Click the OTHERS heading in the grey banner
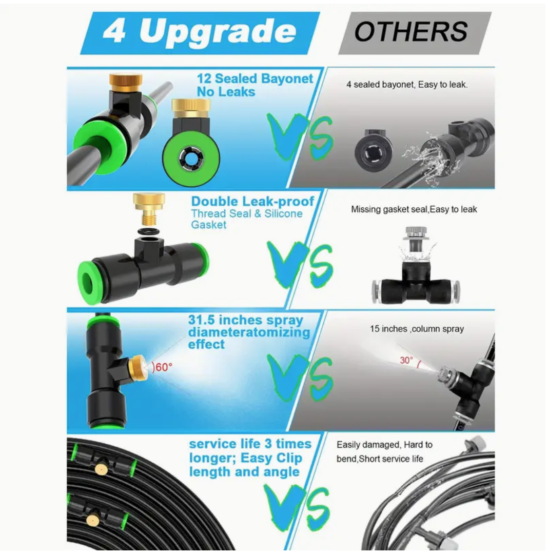coord(411,31)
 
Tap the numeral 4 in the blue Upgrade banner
coord(114,31)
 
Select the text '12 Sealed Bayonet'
coord(255,78)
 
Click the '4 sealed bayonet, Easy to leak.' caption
coord(407,85)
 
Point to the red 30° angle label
coord(407,360)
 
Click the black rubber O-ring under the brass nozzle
coord(148,232)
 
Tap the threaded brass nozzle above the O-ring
coord(149,209)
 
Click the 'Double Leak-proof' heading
coord(252,201)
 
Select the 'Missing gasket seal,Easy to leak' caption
coord(414,209)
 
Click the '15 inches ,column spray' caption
coord(417,329)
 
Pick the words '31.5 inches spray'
coord(245,320)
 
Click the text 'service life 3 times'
coord(250,444)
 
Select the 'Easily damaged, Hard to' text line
coord(384,445)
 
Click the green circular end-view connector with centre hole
coord(191,158)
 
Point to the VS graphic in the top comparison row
coord(300,136)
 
